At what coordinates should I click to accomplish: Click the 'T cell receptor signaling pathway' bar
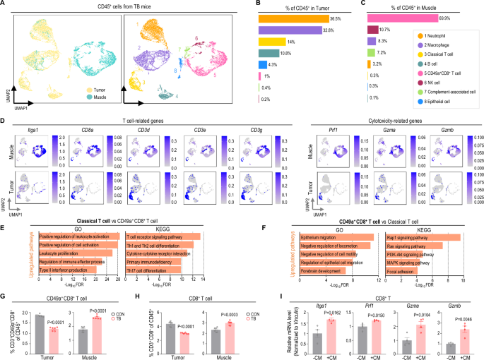click(163, 216)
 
